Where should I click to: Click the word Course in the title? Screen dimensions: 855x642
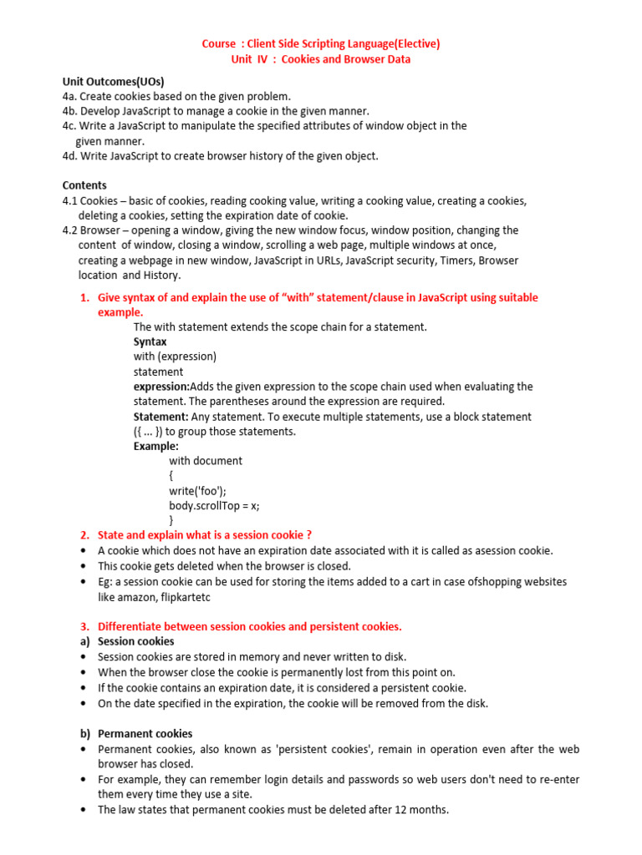tap(219, 43)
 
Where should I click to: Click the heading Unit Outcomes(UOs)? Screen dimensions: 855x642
tap(113, 81)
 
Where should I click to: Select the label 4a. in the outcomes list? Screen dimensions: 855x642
tap(69, 96)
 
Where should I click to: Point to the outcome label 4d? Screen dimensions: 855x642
tap(69, 156)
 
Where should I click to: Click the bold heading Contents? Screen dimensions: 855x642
tap(84, 185)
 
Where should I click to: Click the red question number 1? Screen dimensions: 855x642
tap(84, 298)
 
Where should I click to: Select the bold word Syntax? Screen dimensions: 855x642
tap(150, 341)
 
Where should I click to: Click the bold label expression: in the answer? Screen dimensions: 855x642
tap(161, 387)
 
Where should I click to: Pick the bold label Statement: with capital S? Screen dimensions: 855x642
tap(160, 417)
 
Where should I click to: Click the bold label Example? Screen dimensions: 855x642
tap(155, 447)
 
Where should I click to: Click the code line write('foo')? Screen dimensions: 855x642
tap(197, 491)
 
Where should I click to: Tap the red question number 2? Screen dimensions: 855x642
tap(84, 535)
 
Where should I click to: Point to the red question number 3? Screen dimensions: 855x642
tap(84, 626)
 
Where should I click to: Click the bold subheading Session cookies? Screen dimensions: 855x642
tap(135, 641)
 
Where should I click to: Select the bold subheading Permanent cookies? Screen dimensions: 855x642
tap(145, 733)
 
